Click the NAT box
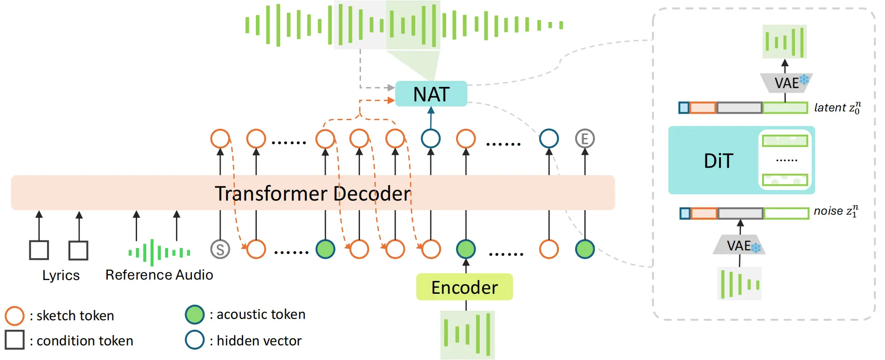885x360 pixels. coord(431,94)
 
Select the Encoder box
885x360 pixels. coord(464,287)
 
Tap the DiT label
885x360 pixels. coord(718,161)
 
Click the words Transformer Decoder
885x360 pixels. coord(313,193)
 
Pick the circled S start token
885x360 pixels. coord(220,249)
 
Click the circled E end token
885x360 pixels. coord(585,138)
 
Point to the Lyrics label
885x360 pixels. coord(61,275)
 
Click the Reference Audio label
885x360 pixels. coord(159,275)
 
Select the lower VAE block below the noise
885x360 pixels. coord(739,246)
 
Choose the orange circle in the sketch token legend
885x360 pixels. coord(15,316)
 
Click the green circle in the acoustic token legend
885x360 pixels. coord(195,315)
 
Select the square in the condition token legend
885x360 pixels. coord(15,340)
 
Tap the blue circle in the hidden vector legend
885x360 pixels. coord(195,340)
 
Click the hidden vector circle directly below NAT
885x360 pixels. coord(431,138)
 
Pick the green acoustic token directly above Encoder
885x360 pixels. coord(466,249)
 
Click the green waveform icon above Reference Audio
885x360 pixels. coord(159,252)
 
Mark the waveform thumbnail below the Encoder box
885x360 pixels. coord(467,334)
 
